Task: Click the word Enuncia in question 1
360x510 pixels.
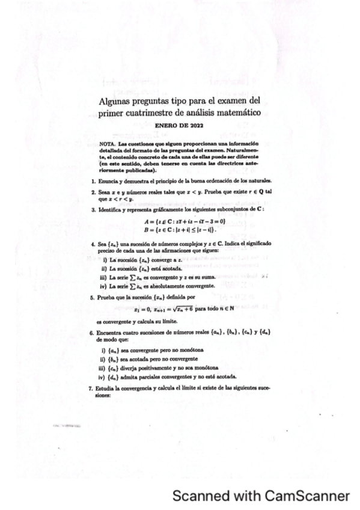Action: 106,180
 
